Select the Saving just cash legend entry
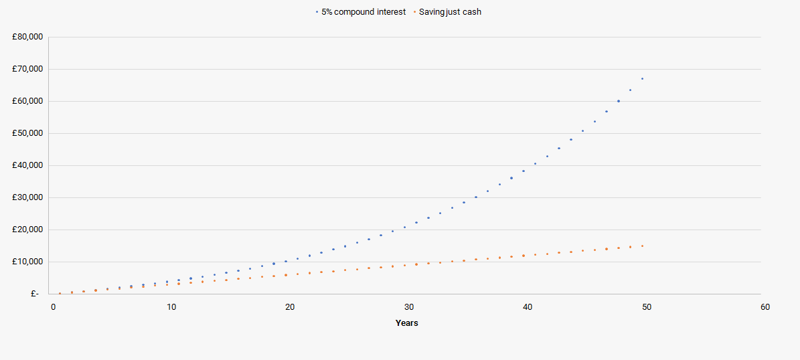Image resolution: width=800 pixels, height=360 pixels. coord(449,12)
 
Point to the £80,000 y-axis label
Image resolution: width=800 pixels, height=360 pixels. coord(27,37)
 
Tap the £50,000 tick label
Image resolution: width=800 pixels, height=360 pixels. coord(27,133)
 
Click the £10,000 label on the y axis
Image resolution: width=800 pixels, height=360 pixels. coord(27,262)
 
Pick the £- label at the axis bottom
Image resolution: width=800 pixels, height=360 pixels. coord(35,294)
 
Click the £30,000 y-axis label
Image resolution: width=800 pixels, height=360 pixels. coord(27,197)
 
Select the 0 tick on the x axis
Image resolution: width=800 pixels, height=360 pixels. coord(54,307)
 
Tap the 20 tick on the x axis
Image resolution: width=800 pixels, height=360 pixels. coord(290,307)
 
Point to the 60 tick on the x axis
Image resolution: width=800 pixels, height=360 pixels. coord(765,307)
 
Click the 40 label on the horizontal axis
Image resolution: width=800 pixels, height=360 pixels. coord(528,307)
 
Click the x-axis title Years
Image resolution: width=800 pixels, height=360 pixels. coord(407,323)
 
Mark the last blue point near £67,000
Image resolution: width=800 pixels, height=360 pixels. coord(642,78)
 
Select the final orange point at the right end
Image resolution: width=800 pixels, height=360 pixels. coord(642,246)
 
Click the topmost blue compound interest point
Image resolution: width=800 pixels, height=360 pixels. coord(642,78)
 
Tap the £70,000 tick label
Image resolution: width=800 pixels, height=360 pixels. coord(27,69)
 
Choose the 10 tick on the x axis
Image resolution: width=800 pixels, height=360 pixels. coord(171,307)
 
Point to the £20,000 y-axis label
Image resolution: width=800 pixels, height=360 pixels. coord(27,230)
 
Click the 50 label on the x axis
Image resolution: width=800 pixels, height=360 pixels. coord(646,307)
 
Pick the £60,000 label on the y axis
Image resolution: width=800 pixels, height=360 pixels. coord(27,101)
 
